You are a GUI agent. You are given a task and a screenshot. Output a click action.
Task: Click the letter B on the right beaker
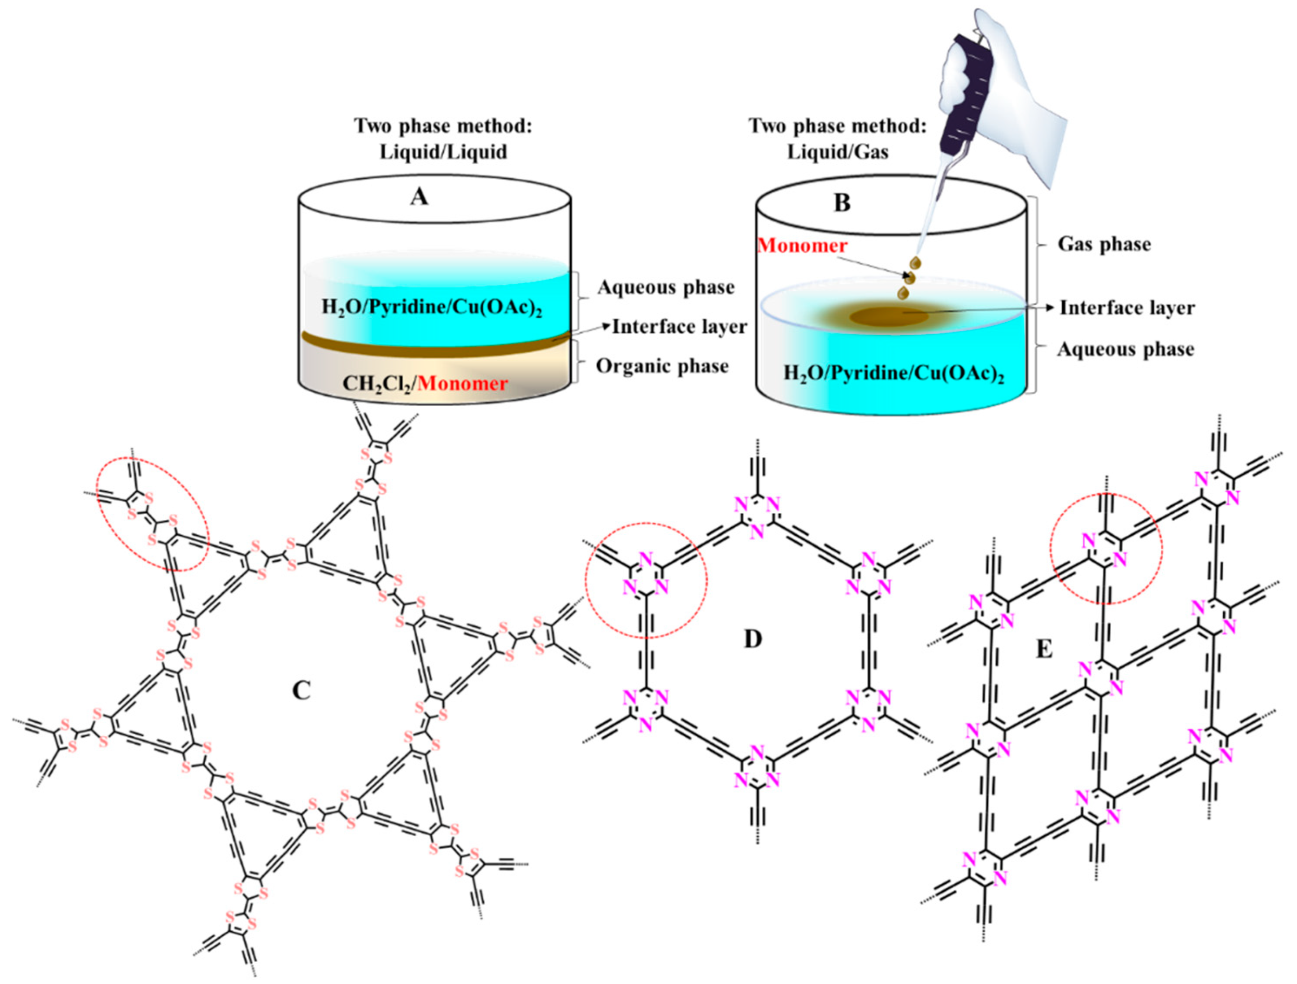[842, 203]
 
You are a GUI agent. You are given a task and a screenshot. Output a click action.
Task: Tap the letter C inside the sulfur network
[301, 691]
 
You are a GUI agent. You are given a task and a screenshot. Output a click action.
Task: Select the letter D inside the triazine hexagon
[752, 639]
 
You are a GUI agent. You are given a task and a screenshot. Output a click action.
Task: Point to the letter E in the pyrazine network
[1044, 649]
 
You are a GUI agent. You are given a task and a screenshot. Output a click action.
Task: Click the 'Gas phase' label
[1104, 244]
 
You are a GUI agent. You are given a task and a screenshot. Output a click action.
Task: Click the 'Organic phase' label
[662, 366]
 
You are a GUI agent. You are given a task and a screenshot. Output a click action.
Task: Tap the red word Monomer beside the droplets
[802, 245]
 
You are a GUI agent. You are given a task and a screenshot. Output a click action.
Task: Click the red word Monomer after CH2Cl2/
[463, 384]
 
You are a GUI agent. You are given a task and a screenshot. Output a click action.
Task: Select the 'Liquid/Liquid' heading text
[443, 152]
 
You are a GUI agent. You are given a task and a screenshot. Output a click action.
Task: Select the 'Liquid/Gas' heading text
[837, 152]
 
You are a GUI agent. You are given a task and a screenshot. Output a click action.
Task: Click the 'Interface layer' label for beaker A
[679, 327]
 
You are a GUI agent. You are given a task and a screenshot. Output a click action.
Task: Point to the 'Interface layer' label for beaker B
[1127, 308]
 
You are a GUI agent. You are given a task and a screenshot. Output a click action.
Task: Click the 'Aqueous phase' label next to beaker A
[666, 287]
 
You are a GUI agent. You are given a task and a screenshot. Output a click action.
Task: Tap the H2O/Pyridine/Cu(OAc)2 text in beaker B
[894, 373]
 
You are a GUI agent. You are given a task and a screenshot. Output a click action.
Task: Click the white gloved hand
[1020, 100]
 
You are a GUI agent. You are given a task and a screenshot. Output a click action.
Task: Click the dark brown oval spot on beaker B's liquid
[889, 317]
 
